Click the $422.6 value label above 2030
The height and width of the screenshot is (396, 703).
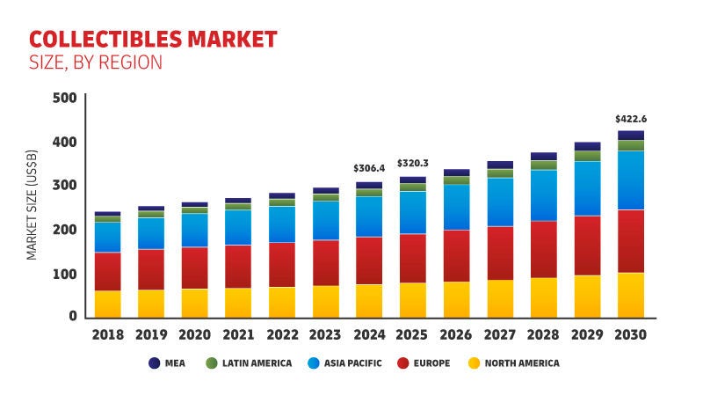point(630,119)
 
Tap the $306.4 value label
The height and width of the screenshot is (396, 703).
point(369,168)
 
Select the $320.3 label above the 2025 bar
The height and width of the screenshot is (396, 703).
point(412,163)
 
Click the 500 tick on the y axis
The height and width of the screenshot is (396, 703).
point(64,98)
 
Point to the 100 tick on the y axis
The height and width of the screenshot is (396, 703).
point(64,274)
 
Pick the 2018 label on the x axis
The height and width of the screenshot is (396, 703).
point(107,335)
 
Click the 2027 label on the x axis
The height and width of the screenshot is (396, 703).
point(499,335)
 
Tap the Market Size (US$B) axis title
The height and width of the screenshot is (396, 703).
point(32,208)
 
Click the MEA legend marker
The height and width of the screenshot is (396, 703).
point(155,363)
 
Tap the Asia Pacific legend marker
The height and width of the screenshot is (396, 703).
point(315,363)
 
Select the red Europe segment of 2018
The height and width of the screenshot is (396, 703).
point(107,271)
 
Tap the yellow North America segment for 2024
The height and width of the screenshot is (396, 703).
point(369,300)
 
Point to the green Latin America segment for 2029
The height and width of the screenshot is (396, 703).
point(587,156)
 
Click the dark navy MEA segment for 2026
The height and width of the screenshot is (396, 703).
point(456,172)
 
